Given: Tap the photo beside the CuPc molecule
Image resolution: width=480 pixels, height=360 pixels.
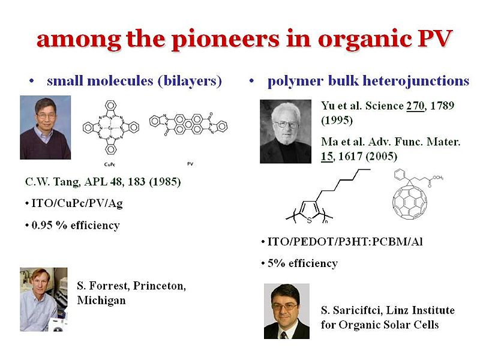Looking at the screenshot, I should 45,127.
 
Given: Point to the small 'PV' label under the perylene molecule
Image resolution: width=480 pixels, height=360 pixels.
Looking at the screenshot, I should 190,163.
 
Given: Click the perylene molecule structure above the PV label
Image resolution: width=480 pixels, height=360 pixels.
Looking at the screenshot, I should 190,127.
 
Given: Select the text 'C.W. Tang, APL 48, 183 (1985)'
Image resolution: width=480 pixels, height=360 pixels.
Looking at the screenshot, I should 103,181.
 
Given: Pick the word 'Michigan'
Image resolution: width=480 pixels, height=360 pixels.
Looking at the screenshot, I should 101,301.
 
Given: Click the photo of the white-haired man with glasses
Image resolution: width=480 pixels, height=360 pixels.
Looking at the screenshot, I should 285,131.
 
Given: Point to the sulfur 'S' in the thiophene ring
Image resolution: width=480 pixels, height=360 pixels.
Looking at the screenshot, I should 308,220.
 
